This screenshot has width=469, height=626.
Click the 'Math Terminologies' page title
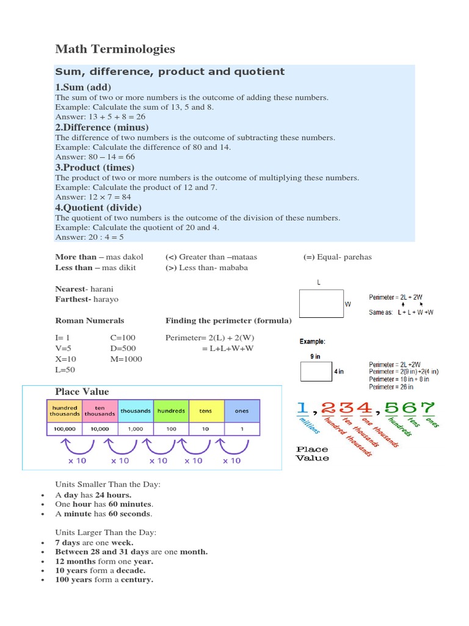coord(115,48)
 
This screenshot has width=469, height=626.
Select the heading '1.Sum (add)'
coord(83,87)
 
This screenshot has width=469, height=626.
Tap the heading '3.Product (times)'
coord(95,168)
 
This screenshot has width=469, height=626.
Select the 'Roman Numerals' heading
coord(90,320)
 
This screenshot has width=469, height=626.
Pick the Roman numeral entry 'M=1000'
coord(126,359)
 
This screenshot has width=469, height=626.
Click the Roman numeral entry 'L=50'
coord(66,370)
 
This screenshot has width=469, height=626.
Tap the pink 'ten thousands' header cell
coord(100,411)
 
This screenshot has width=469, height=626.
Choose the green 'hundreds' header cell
coord(171,411)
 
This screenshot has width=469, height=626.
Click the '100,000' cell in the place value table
coord(64,429)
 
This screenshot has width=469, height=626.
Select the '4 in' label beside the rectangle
coord(338,371)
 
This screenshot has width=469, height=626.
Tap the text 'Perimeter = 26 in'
coord(391,387)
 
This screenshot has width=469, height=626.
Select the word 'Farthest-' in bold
coord(73,300)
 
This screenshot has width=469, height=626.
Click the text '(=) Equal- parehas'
coord(337,257)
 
